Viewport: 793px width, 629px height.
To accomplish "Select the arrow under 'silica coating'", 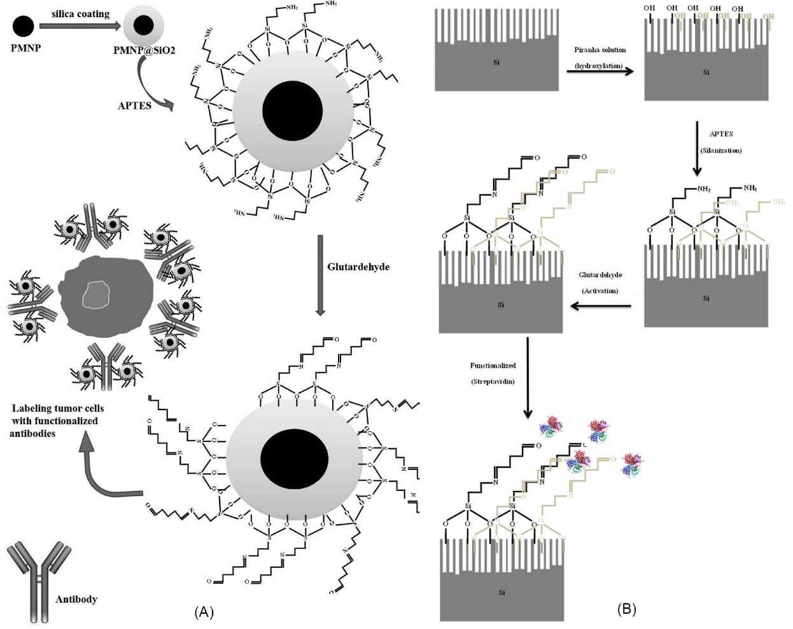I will tap(81, 26).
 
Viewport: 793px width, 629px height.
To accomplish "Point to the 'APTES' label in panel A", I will tap(134, 105).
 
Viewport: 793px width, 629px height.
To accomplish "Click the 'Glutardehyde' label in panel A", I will tap(358, 267).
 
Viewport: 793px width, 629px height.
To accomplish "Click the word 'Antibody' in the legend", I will tap(76, 599).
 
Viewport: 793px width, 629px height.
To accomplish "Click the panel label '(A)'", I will tap(203, 612).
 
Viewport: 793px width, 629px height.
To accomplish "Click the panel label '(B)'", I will tap(626, 609).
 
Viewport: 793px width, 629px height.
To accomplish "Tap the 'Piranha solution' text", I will tap(600, 50).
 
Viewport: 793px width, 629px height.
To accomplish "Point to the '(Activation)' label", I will tap(600, 291).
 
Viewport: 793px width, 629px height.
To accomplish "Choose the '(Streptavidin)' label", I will tap(493, 382).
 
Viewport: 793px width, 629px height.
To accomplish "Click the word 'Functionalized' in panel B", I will tap(493, 366).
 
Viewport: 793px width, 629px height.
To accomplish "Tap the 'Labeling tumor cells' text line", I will tap(57, 408).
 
